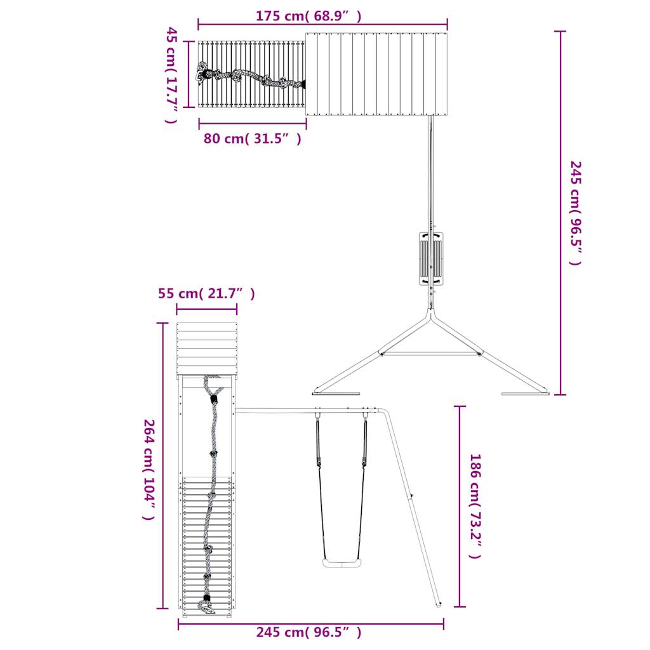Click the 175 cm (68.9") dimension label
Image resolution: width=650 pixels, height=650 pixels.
(308, 16)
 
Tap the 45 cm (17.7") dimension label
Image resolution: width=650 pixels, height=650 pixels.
(171, 75)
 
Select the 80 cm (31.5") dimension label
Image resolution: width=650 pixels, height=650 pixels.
(253, 138)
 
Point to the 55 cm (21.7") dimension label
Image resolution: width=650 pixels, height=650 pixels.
(206, 293)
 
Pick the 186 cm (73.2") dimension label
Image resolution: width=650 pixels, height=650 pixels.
(475, 506)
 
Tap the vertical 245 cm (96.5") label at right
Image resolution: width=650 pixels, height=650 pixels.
(576, 213)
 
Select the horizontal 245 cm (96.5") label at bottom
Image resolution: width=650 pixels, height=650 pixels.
(309, 632)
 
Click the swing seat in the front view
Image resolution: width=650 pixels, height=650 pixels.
(342, 562)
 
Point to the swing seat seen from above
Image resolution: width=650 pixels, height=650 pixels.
(431, 259)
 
